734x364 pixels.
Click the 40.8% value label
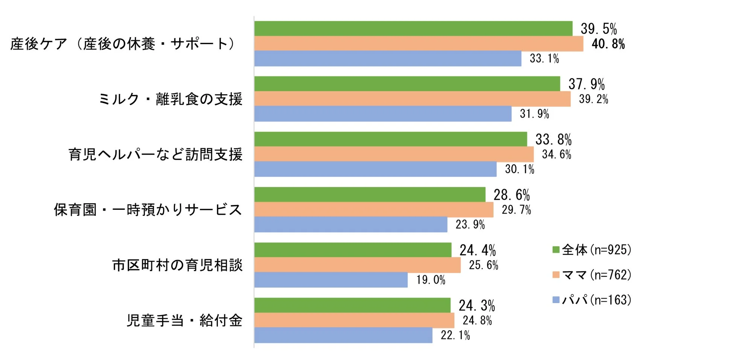click(x=608, y=44)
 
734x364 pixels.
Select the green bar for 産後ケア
click(x=413, y=29)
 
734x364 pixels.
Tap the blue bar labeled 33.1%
click(x=388, y=59)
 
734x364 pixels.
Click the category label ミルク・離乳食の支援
click(x=171, y=99)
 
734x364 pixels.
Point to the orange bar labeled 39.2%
click(x=412, y=99)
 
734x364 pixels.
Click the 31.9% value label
click(x=534, y=114)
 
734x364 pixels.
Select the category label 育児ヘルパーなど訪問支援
click(x=155, y=155)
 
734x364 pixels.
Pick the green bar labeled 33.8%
click(x=390, y=139)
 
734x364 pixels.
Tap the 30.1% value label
click(x=519, y=169)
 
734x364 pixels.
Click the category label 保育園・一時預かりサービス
click(x=148, y=210)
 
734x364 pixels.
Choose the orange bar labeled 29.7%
click(x=373, y=210)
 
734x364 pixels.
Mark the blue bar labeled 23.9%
click(x=350, y=224)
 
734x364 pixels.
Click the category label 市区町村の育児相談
click(x=177, y=265)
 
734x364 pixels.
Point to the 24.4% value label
click(x=477, y=250)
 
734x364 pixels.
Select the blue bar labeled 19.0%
click(x=330, y=280)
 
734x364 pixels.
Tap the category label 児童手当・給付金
click(x=184, y=320)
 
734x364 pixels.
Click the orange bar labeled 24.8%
click(x=354, y=320)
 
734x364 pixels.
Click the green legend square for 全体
click(x=556, y=250)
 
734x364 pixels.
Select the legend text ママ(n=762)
click(x=596, y=275)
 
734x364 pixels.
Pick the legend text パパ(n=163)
click(x=596, y=300)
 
